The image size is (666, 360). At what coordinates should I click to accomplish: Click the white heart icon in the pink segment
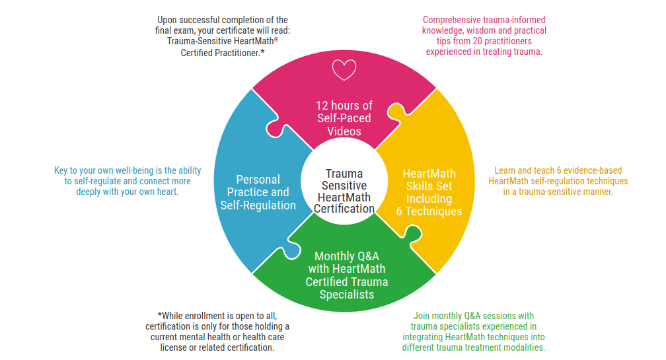pyautogui.click(x=344, y=69)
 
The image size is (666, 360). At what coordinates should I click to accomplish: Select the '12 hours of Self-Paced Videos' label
pyautogui.click(x=344, y=118)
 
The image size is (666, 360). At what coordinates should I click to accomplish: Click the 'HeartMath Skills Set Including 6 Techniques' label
pyautogui.click(x=429, y=192)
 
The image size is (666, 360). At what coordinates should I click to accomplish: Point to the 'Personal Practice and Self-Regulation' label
pyautogui.click(x=258, y=192)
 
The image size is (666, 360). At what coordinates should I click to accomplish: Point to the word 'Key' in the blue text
pyautogui.click(x=61, y=170)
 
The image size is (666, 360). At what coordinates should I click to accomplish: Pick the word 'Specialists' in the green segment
pyautogui.click(x=346, y=295)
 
